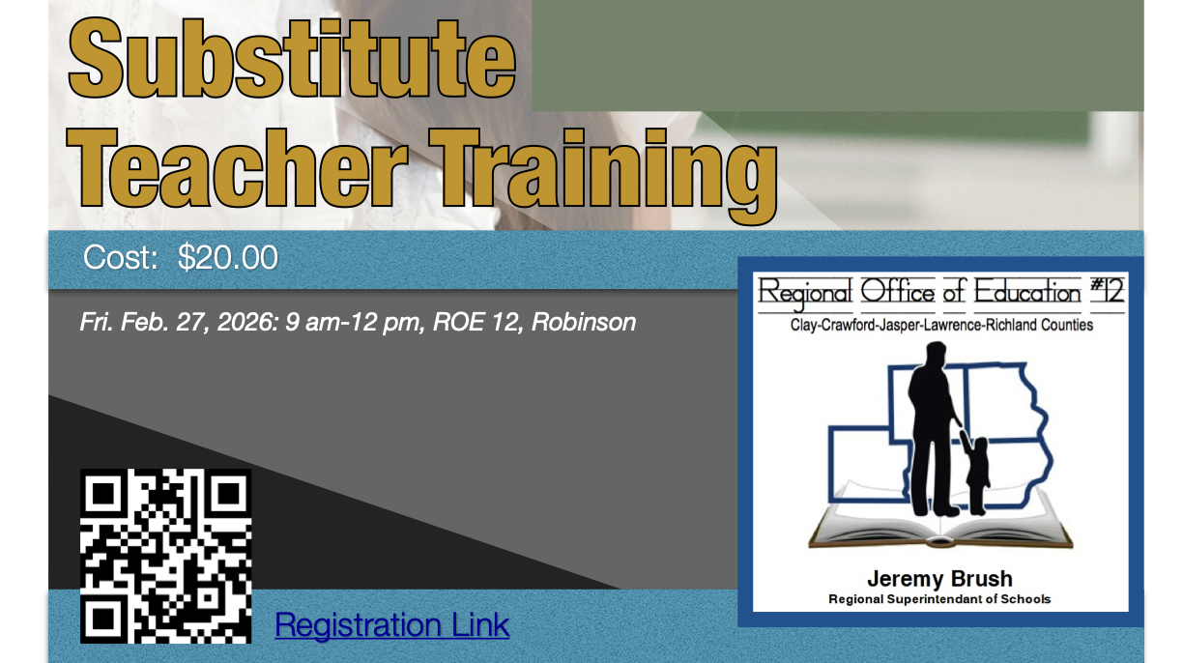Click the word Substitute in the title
coord(292,58)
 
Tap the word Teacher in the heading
coord(237,168)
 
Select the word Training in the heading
coord(603,175)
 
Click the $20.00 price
coord(228,257)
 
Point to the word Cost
coord(121,257)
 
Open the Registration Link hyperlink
coord(391,625)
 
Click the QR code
coord(166,556)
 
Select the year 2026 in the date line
coord(247,322)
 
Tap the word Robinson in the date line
coord(584,322)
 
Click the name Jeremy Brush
coord(939,579)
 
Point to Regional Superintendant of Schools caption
coord(939,599)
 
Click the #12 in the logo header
coord(1108,290)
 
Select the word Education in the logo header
coord(1027,291)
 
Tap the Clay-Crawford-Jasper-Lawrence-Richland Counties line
coord(941,325)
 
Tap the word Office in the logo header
coord(897,291)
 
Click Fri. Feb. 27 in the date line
coord(145,322)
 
